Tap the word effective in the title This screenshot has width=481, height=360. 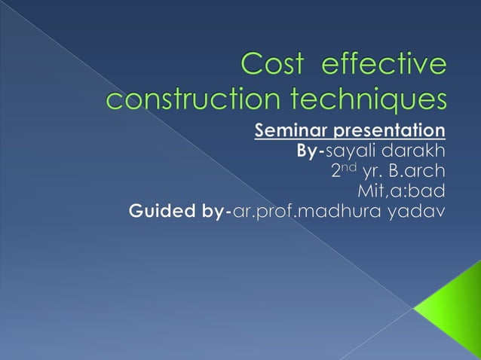[x=384, y=65]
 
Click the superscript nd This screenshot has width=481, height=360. [x=351, y=166]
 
